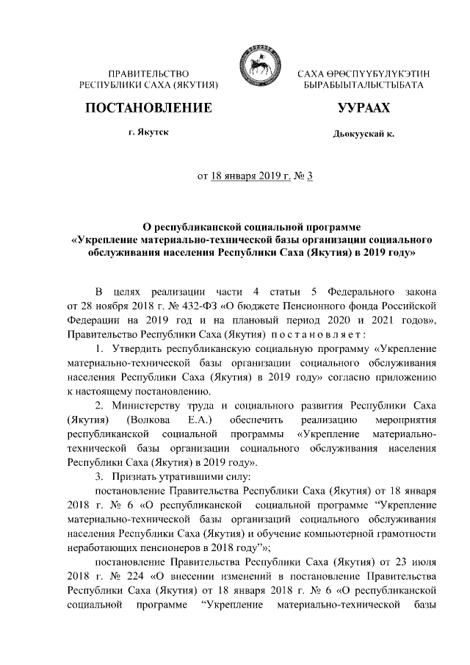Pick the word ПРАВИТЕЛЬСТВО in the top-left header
pos(149,74)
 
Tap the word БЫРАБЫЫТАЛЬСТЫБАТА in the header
pos(363,86)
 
